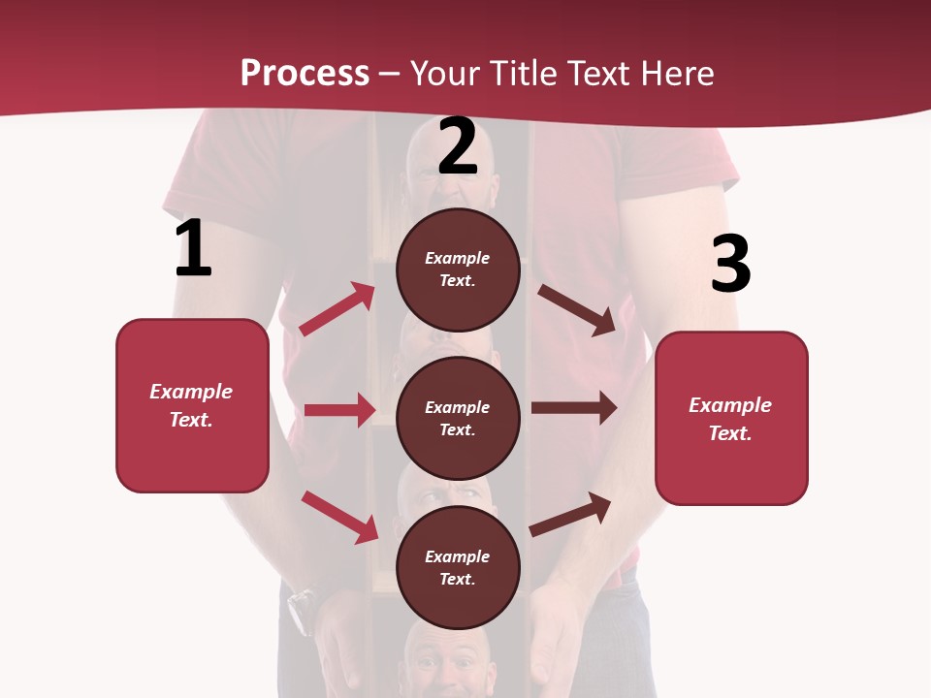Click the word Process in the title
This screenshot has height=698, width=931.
point(305,73)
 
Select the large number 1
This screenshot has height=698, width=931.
point(193,249)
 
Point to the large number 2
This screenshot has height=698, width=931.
point(458,146)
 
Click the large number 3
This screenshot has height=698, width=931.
point(731,265)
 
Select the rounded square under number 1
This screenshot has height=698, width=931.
point(192,405)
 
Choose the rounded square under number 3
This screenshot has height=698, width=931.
point(731,419)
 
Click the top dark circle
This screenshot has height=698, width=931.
point(458,270)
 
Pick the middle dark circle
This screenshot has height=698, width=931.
point(458,418)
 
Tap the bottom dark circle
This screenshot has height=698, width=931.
point(458,567)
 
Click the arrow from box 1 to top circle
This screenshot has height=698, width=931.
point(337,309)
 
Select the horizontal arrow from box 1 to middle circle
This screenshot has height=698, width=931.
point(339,410)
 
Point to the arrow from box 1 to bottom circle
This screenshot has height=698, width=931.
point(339,516)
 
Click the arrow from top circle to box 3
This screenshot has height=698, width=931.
point(576,309)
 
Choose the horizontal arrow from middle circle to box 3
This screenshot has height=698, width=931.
point(573,408)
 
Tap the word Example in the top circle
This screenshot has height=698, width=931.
point(458,259)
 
